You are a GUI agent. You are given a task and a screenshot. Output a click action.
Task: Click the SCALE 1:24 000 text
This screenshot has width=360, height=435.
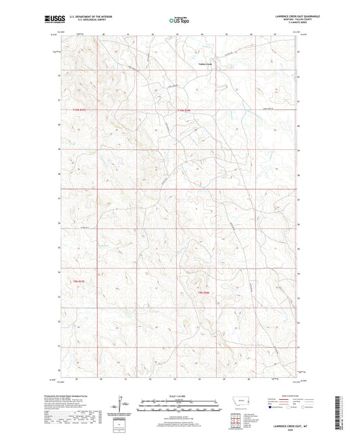[179, 396]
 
